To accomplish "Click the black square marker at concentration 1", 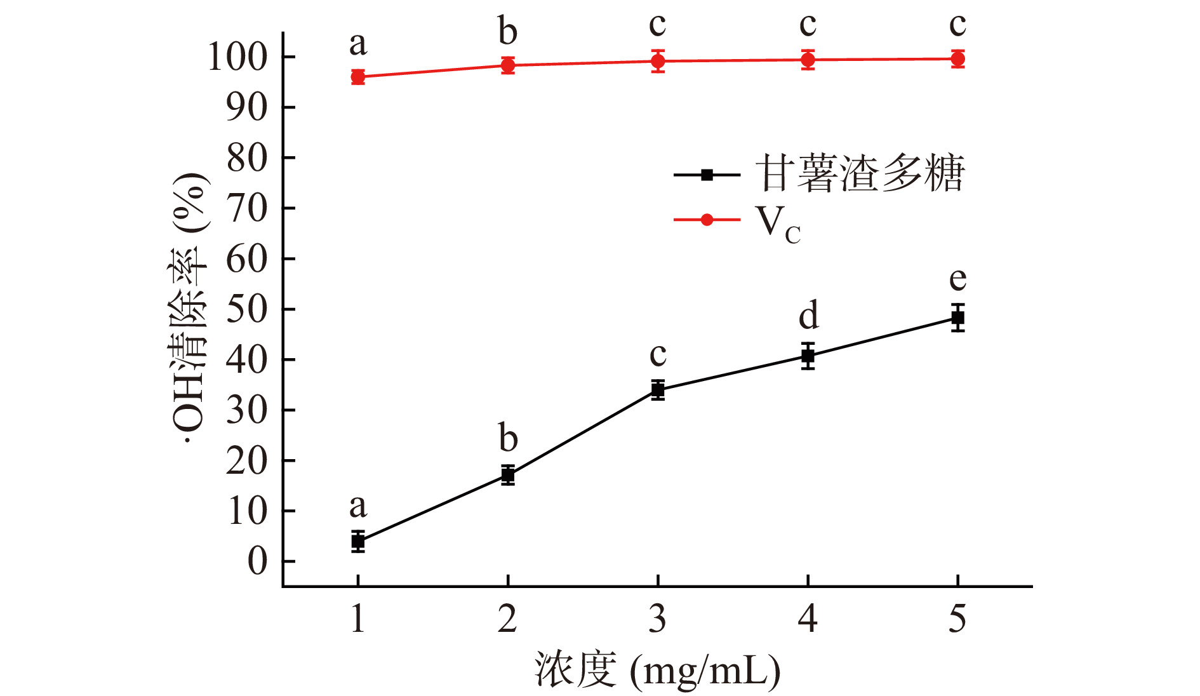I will tap(358, 542).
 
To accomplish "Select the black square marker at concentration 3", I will tap(658, 389).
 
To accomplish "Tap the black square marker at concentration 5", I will tap(957, 318).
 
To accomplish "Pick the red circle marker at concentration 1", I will tap(358, 77).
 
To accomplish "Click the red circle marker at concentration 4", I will tap(808, 60).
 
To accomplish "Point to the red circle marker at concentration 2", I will tap(508, 65).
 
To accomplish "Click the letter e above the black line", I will tap(957, 279).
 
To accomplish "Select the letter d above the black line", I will tap(808, 316).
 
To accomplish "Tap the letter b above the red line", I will tap(508, 32).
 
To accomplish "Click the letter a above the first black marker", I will tap(358, 506).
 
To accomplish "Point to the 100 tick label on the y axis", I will tap(238, 57).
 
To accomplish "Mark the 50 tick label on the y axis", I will tap(247, 310).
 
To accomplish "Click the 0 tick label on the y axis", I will tap(257, 561).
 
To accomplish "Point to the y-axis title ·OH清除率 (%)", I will tap(189, 309).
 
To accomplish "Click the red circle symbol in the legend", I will tap(707, 220).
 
